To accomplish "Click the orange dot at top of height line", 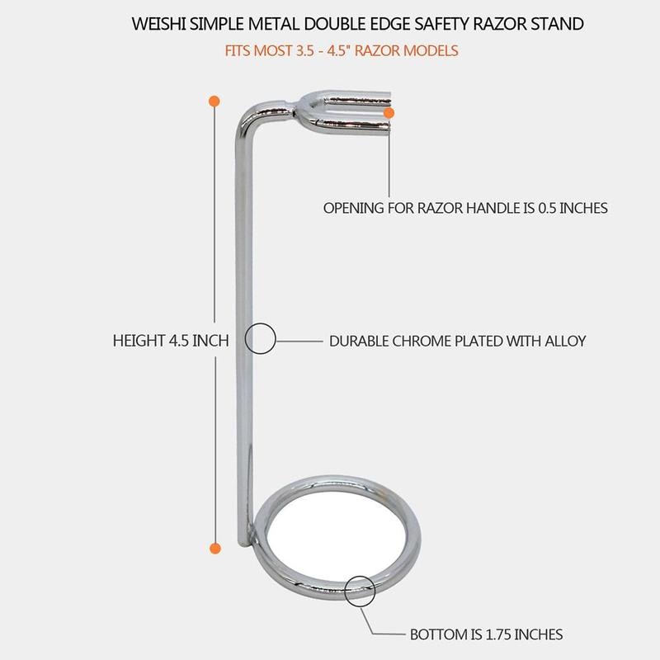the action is click(214, 101).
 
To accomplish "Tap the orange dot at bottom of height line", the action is click(214, 547).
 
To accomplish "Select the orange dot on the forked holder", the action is click(390, 111).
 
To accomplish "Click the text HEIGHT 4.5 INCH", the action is click(171, 340).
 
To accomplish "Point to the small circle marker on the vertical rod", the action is click(261, 339).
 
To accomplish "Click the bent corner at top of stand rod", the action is click(248, 115).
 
